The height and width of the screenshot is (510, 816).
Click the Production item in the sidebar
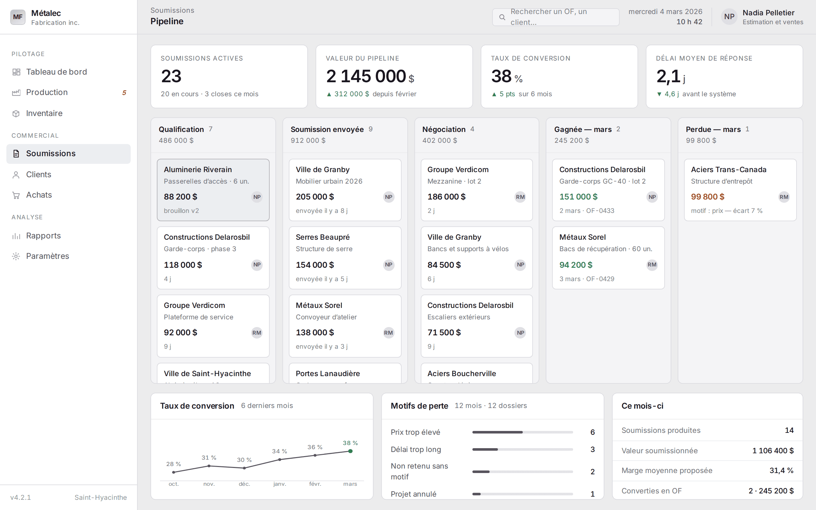tap(47, 92)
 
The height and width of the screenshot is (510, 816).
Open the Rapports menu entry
tap(43, 236)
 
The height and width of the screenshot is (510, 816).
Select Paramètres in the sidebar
tap(47, 256)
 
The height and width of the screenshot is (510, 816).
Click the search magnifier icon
tap(502, 17)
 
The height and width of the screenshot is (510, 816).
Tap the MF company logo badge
tap(18, 17)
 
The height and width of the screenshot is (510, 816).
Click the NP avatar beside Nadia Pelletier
tap(729, 17)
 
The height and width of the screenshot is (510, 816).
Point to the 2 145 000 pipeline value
tap(366, 76)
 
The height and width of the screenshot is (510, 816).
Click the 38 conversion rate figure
tap(501, 76)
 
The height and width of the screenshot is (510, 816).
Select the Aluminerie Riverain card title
tap(198, 170)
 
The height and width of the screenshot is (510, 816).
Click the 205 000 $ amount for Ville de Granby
tap(315, 197)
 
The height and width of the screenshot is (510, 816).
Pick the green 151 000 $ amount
tap(578, 197)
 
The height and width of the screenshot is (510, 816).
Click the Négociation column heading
tap(444, 129)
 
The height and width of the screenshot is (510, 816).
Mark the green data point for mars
tap(350, 451)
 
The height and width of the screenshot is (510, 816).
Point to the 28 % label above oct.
tap(174, 464)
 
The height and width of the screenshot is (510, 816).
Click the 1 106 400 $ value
tap(773, 451)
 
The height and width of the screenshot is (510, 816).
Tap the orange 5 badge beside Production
tap(124, 93)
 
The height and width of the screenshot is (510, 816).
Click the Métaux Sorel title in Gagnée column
tap(582, 237)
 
